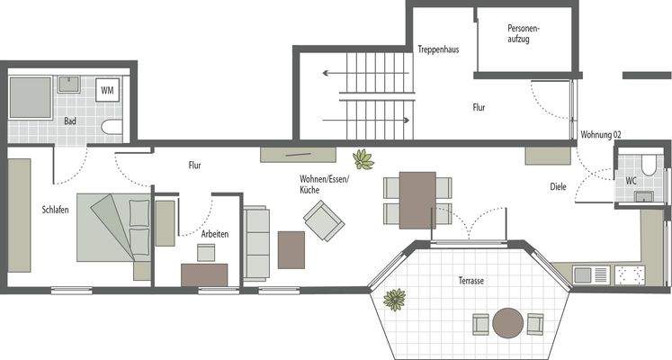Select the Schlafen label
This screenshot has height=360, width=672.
click(55, 210)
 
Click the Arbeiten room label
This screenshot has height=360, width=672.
click(215, 233)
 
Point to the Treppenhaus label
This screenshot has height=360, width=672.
click(438, 49)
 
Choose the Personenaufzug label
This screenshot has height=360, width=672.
click(524, 34)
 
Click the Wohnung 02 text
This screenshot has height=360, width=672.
click(601, 134)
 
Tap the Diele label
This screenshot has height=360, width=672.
click(560, 187)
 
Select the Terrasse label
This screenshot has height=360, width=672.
click(470, 282)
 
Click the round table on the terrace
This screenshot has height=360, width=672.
click(508, 321)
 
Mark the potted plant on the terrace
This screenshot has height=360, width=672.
click(394, 299)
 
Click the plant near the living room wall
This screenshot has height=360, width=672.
click(363, 160)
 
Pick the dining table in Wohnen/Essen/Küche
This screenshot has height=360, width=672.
click(417, 200)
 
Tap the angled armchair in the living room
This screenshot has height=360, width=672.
click(323, 217)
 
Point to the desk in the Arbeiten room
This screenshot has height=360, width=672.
click(204, 274)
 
